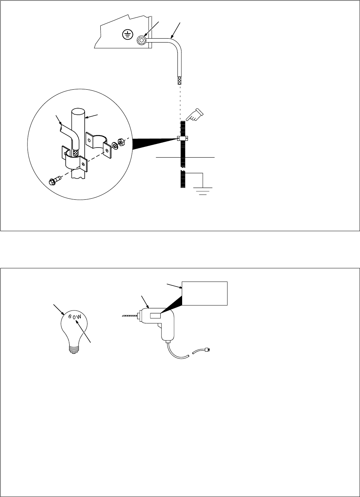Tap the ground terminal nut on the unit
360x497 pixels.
point(141,40)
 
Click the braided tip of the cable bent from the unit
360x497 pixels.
point(180,80)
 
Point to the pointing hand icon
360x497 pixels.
point(194,115)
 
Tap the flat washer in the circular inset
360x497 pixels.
point(114,145)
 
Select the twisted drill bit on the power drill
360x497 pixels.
point(130,315)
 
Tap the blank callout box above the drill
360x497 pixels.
point(205,293)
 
